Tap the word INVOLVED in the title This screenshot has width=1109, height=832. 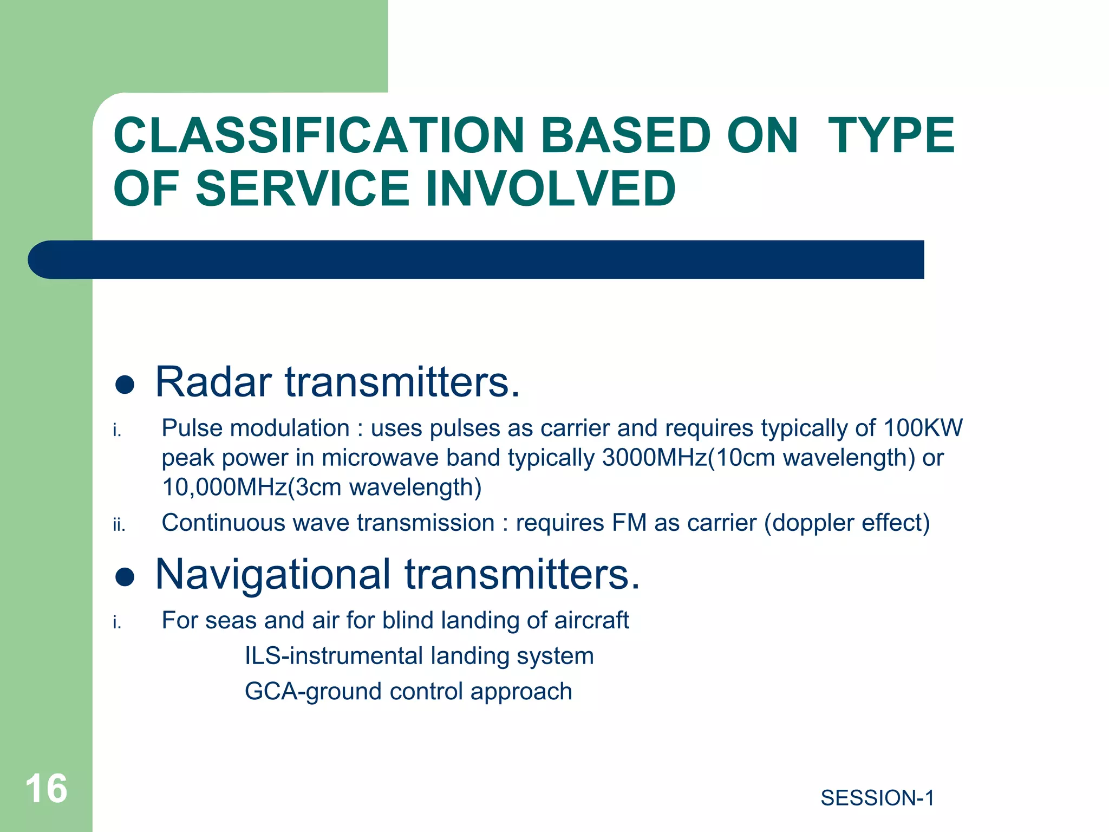pos(551,188)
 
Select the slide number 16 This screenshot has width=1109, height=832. pos(46,789)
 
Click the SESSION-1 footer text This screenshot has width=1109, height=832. pos(877,798)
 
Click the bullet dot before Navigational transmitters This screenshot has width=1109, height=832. pos(125,577)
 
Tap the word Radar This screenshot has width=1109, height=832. pos(213,382)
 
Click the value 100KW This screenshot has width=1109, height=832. pos(923,428)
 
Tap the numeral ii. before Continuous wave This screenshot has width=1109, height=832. pos(119,525)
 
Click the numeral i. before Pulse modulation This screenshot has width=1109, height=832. pos(117,431)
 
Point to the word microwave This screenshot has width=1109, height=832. pos(380,458)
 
